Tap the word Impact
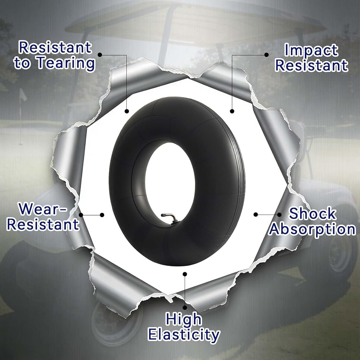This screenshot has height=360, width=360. click(x=311, y=50)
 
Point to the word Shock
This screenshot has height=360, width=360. click(x=312, y=213)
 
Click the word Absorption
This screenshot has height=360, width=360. click(x=312, y=229)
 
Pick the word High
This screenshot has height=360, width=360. click(x=184, y=319)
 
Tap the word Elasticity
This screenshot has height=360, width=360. click(x=184, y=335)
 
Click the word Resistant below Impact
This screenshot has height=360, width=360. click(x=311, y=65)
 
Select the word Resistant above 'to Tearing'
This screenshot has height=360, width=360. click(x=55, y=47)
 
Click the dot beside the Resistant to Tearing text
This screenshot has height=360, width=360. click(x=100, y=55)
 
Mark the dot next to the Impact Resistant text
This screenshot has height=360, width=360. click(x=266, y=55)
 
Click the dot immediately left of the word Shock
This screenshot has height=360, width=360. click(x=279, y=215)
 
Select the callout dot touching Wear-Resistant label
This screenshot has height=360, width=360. click(x=81, y=215)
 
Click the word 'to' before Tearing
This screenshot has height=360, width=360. click(x=22, y=63)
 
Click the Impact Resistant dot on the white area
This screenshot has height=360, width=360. click(x=232, y=111)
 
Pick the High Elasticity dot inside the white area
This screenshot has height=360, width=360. click(x=185, y=274)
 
